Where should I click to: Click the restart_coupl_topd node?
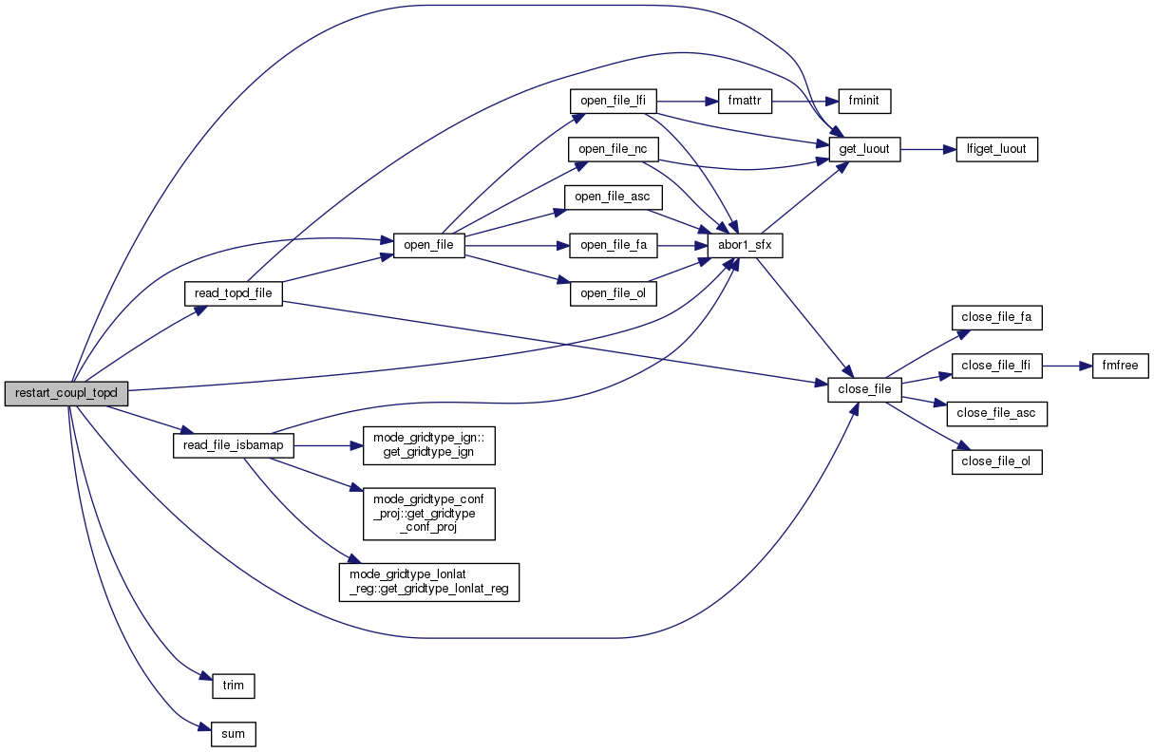click(x=66, y=393)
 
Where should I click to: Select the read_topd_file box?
click(x=233, y=293)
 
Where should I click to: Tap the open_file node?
click(x=429, y=245)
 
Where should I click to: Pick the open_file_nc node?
click(x=613, y=149)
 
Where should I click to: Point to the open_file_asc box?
click(x=613, y=197)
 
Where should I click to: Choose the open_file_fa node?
click(x=613, y=245)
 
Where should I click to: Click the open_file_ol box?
click(x=613, y=294)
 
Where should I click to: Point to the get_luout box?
click(x=864, y=149)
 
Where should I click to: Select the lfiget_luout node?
click(x=996, y=149)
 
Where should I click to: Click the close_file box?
click(x=864, y=390)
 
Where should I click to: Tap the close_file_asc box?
click(x=996, y=414)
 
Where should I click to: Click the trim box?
click(x=233, y=684)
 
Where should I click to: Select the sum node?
click(x=233, y=733)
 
